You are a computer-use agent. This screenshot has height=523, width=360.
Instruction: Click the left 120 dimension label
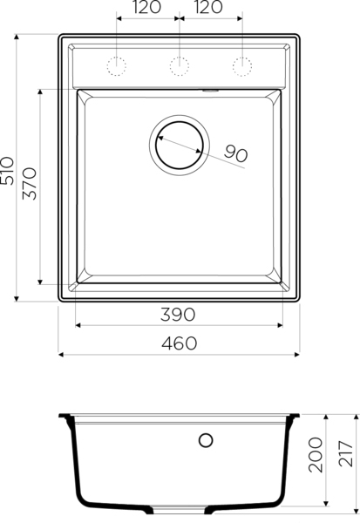tap(146, 7)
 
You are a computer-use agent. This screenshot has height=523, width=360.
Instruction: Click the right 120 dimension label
tap(208, 7)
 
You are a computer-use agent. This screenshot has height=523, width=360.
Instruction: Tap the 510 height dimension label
tap(7, 171)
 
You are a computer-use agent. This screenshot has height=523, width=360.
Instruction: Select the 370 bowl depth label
tap(30, 183)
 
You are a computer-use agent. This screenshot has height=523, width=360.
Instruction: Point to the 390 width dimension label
tap(178, 315)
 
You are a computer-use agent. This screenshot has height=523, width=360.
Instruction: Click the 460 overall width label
tap(180, 343)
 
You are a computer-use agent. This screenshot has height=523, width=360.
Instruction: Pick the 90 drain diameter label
tap(236, 153)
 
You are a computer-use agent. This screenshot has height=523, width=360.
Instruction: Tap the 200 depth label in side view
tap(316, 455)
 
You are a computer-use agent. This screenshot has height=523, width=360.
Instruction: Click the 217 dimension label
tap(346, 453)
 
